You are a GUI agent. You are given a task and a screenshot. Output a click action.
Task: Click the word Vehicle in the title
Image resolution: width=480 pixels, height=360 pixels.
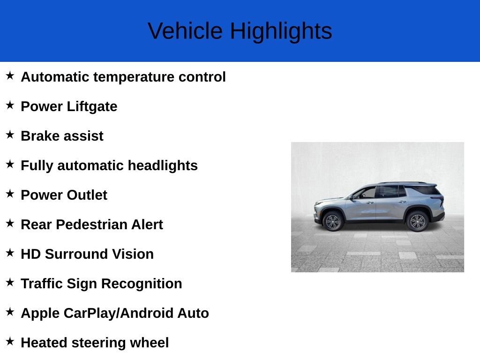185,31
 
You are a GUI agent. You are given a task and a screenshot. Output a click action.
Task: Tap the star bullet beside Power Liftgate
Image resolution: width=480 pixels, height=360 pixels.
10,105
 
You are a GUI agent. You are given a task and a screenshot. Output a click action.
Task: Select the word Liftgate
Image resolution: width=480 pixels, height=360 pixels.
92,107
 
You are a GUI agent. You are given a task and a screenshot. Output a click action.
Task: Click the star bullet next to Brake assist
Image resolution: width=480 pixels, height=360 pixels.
10,135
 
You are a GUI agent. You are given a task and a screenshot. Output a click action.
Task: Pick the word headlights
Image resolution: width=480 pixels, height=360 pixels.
163,166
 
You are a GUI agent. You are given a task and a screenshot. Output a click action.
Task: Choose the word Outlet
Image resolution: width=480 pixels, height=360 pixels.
87,195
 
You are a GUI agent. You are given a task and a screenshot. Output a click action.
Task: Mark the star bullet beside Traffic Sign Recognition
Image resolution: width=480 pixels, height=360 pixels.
10,282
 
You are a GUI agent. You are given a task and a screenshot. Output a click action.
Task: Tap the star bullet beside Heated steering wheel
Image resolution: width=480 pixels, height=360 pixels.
10,341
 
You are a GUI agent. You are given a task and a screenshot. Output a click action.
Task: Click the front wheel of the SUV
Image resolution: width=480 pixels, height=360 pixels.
333,221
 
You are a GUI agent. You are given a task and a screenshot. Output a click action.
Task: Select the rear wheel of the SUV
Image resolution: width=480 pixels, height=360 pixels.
417,221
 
